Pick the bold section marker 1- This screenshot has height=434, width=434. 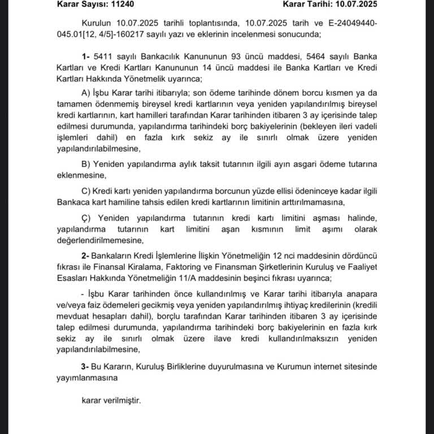[86, 57]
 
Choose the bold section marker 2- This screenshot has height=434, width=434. [86, 254]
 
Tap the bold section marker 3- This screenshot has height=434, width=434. [86, 367]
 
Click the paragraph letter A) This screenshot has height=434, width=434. [86, 93]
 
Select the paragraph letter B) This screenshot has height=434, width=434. [86, 164]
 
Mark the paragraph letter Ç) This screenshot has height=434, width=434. [86, 218]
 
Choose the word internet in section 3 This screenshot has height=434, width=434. [316, 367]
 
